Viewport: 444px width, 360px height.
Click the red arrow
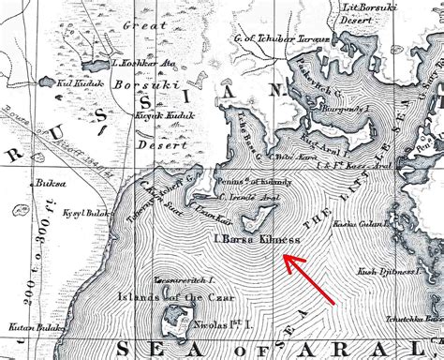(312, 280)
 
